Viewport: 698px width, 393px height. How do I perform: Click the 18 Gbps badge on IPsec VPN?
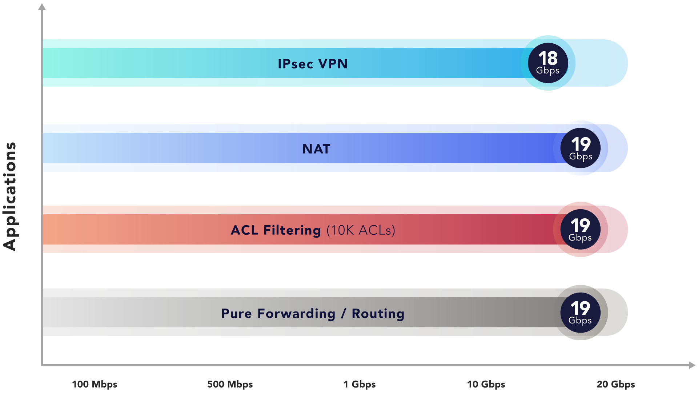pos(547,63)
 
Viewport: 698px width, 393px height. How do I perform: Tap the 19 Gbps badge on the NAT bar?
pos(580,148)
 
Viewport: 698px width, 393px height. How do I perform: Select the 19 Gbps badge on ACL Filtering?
pos(580,229)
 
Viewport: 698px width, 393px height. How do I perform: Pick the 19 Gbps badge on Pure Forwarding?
pos(580,312)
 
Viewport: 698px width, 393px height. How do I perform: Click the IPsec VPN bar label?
pos(313,64)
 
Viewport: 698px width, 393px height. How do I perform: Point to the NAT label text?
pos(316,149)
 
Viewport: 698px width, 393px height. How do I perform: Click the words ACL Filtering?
pos(276,230)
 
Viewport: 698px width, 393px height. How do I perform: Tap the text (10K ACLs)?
pos(361,230)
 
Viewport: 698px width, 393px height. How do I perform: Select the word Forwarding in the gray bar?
pos(296,314)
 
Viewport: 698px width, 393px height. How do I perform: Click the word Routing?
pos(378,314)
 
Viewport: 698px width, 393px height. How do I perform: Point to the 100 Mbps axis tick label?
pos(95,384)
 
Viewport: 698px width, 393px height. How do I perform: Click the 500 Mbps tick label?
pos(230,384)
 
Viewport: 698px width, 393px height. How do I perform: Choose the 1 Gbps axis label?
pos(359,384)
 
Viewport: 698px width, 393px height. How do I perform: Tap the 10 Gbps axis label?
pos(486,384)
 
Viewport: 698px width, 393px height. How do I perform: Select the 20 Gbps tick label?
pos(616,384)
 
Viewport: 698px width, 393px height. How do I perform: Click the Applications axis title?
pos(10,196)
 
